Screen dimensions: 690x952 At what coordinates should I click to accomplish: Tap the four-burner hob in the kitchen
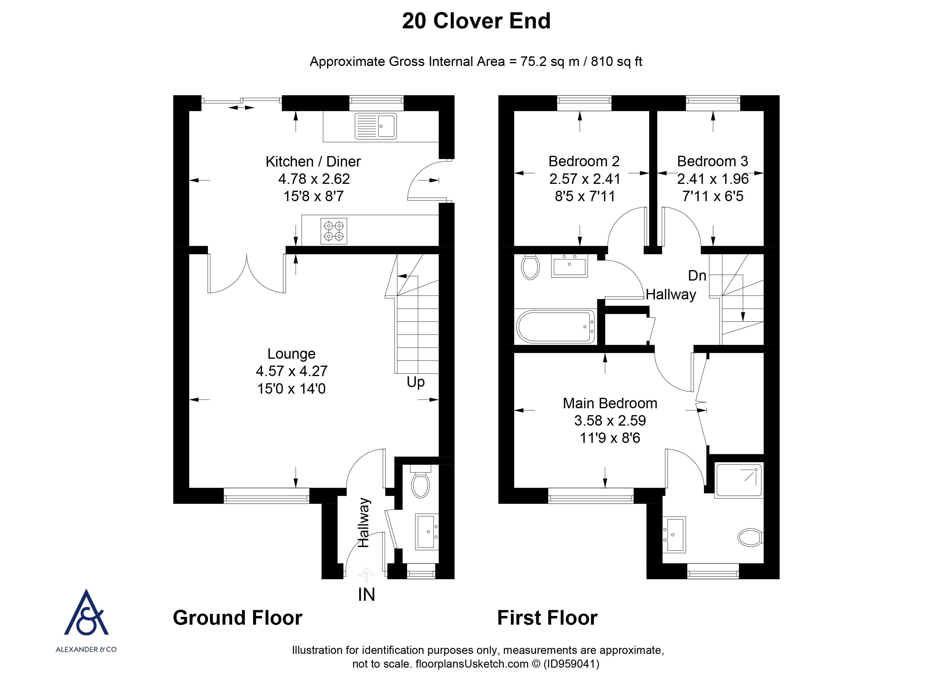[x=334, y=231]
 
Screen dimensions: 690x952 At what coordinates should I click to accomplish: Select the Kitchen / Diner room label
[x=313, y=161]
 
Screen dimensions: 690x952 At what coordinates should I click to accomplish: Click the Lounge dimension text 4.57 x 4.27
[x=291, y=371]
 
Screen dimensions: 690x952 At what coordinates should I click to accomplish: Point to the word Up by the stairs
[x=415, y=382]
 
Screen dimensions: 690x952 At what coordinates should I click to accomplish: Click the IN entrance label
[x=366, y=595]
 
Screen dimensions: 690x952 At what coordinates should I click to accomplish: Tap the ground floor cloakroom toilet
[x=420, y=485]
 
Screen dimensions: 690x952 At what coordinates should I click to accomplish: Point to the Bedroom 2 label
[x=584, y=161]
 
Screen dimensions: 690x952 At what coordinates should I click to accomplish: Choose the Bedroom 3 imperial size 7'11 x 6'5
[x=713, y=196]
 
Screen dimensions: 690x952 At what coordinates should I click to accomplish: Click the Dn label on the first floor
[x=697, y=276]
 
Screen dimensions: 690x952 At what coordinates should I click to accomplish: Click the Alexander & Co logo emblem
[x=86, y=613]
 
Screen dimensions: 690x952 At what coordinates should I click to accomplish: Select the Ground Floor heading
[x=238, y=618]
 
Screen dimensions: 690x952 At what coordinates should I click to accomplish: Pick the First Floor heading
[x=547, y=618]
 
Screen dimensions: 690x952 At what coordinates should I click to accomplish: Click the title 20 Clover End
[x=476, y=21]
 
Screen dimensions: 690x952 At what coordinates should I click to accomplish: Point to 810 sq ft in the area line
[x=616, y=62]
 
